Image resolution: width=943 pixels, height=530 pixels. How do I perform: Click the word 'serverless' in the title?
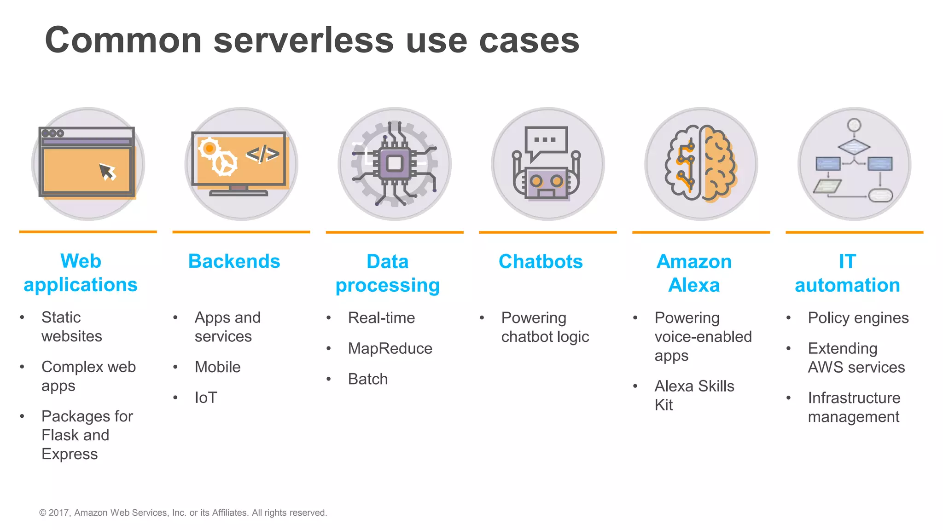coord(303,40)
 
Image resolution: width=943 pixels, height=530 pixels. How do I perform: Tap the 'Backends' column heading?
coord(234,261)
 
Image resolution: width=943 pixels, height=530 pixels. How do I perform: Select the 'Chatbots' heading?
coord(541,261)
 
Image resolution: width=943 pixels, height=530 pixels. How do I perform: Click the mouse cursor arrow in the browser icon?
coord(107,172)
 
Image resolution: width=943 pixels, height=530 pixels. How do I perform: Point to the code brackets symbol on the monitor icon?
coord(262,154)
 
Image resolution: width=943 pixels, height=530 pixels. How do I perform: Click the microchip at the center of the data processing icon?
coord(395,163)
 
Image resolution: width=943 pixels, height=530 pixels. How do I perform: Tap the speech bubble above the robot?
coord(546,141)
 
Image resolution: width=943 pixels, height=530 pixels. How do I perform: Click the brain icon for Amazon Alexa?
coord(701,163)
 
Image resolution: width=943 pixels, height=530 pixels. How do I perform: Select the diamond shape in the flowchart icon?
coord(854,147)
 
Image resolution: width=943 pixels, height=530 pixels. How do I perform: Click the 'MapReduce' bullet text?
coord(390,348)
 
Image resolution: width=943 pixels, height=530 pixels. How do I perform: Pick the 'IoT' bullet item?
coord(206,397)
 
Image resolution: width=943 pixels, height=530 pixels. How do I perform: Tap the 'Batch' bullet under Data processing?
coord(368,379)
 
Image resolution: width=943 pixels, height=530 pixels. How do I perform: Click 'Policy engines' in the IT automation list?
coord(858,318)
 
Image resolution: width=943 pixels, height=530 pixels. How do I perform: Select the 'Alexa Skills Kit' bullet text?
coord(694,395)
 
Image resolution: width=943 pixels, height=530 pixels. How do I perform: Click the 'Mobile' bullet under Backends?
coord(217,367)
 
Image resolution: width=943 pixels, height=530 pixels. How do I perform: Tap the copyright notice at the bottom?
coord(183,513)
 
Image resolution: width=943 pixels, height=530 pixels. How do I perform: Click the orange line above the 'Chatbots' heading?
coord(547,232)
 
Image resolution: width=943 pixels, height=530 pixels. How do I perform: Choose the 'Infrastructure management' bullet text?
coord(854,407)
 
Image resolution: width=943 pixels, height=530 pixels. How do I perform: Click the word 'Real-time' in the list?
coord(381,318)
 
